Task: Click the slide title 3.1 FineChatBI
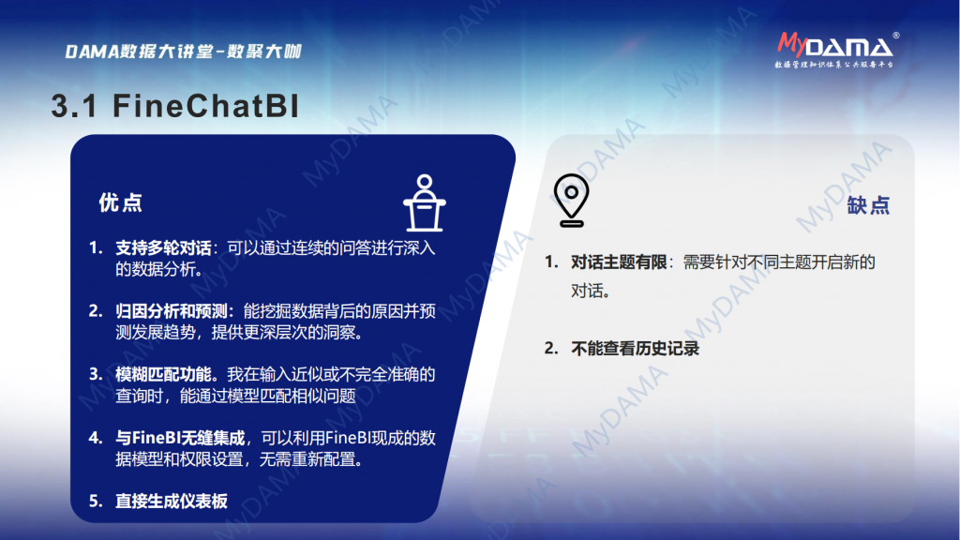175,106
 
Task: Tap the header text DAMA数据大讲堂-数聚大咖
183,52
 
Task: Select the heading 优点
121,202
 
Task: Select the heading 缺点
868,205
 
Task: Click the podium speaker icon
425,203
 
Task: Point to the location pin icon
571,201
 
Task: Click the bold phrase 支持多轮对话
163,247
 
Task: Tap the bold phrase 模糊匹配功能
163,374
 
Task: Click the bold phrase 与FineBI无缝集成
180,438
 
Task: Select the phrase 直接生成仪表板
172,501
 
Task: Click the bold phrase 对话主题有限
619,262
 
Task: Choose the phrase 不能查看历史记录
635,349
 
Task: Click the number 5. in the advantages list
96,501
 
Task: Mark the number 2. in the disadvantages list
551,349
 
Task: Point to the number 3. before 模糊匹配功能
96,374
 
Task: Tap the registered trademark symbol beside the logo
896,36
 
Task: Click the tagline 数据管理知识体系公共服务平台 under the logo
833,65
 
